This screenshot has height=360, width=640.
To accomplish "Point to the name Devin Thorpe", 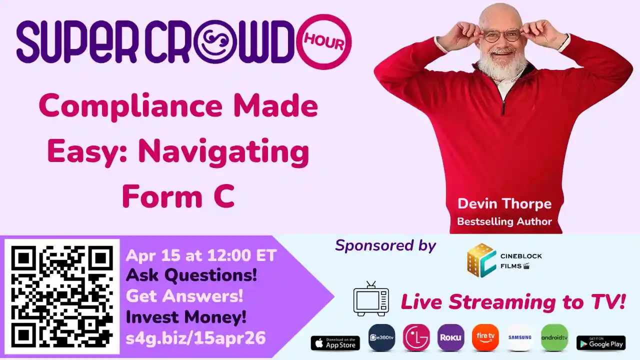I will coord(504,204).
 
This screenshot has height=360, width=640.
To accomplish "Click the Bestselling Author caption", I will coord(504,221).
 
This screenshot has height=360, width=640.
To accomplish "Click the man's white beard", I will coord(501,67).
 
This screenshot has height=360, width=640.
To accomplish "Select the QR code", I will coord(62,296).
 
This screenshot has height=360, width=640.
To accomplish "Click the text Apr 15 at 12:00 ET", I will coord(201,256).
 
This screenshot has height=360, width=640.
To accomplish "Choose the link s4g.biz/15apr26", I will coord(195,338).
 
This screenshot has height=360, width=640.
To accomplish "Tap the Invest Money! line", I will coord(186,317).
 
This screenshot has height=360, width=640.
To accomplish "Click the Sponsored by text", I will coord(385,245).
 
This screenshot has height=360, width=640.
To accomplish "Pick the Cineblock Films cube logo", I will coord(481,260).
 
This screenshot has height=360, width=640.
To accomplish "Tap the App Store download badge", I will coord(335,343).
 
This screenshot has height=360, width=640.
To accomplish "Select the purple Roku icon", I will coord(450,337).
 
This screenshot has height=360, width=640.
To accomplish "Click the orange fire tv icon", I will coord(485,337).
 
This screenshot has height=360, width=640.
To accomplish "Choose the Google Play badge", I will coord(600,343).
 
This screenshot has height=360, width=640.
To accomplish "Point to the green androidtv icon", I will coord(554,337).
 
